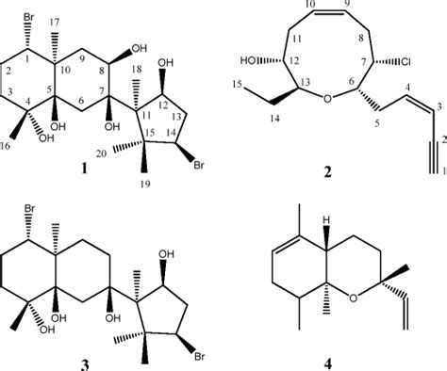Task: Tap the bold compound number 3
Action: point(113,361)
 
